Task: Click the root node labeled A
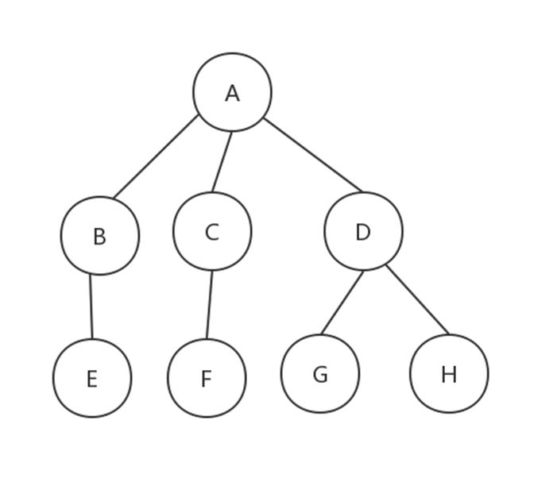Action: click(x=232, y=92)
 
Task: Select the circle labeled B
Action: click(x=100, y=236)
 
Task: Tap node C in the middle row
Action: click(x=212, y=232)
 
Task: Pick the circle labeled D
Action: click(x=363, y=232)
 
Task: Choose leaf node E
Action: click(x=92, y=378)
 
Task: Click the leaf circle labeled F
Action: click(x=207, y=378)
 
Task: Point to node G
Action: click(x=320, y=373)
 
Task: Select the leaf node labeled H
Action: click(x=449, y=374)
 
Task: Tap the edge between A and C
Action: click(x=222, y=162)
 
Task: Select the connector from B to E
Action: click(x=91, y=307)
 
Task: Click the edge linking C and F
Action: click(x=209, y=305)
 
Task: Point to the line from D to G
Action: click(x=342, y=302)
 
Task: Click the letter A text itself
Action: click(x=232, y=94)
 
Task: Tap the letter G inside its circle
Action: click(x=320, y=375)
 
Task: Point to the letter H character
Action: click(x=449, y=375)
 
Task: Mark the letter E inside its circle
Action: click(x=92, y=380)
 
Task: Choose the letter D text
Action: click(x=363, y=233)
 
